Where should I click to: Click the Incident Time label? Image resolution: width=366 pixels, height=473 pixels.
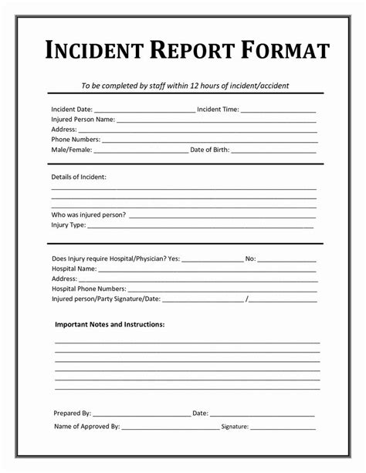tap(218, 110)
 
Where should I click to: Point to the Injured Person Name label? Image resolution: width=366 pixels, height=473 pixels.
tap(83, 120)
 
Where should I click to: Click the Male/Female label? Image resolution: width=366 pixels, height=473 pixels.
tap(71, 150)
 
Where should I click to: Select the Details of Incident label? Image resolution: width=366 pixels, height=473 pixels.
tap(79, 177)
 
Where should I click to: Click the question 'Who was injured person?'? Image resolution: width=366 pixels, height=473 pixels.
tap(89, 215)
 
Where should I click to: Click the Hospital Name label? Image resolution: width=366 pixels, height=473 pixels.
tap(74, 269)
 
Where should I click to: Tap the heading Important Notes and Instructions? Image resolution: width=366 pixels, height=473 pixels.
tap(110, 325)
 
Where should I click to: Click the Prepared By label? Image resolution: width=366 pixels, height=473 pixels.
tap(73, 414)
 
